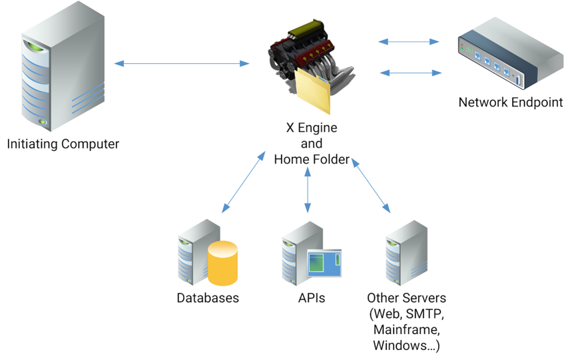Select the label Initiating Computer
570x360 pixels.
point(63,144)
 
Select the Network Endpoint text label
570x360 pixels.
point(510,102)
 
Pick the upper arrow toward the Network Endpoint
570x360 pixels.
point(409,42)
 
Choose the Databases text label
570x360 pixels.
point(208,297)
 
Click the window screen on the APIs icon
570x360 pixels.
point(324,264)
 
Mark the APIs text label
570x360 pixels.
point(312,297)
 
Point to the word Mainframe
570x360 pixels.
point(406,329)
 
